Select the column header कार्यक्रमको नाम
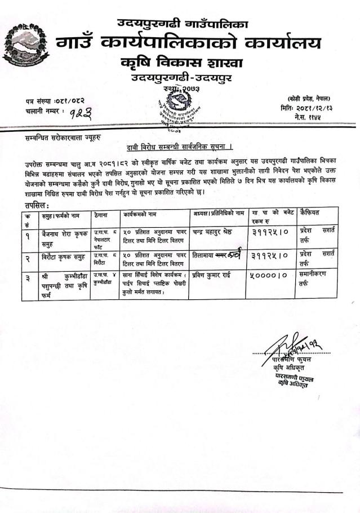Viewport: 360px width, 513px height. (140, 214)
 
